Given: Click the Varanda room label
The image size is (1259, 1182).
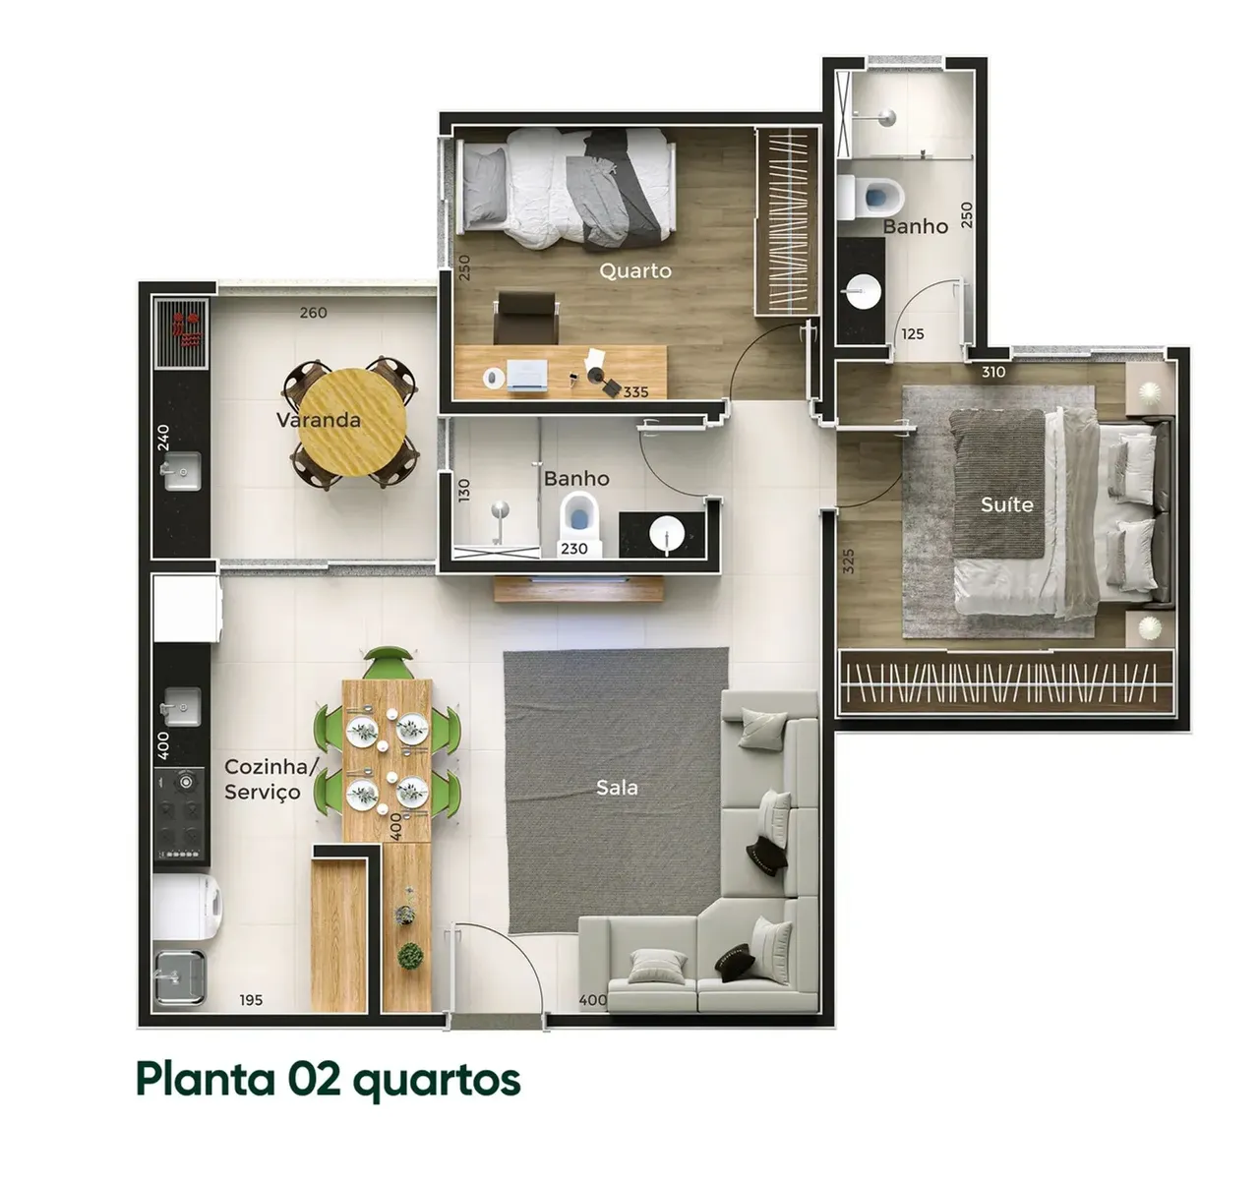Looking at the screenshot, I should tap(318, 420).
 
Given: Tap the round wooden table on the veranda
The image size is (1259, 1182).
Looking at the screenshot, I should tap(352, 423).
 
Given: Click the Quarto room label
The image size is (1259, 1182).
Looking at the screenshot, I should tap(635, 270).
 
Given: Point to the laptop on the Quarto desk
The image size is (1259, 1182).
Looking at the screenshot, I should tap(527, 376).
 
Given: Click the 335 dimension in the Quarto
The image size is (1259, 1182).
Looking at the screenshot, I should tap(635, 392).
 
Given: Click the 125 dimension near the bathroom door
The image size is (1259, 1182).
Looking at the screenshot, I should tap(913, 334).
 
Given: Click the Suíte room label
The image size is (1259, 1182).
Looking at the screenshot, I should tap(1006, 504).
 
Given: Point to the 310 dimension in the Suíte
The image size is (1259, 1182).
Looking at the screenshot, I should tap(993, 372).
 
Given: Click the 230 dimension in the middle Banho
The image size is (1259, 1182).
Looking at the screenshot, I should tap(574, 549).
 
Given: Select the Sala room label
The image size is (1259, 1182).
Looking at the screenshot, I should tap(617, 787).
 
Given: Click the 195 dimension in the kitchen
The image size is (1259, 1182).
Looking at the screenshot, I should tap(251, 1000).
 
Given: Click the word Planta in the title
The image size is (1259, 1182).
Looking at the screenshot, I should tap(206, 1079).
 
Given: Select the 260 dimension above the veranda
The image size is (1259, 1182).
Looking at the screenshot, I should tap(313, 313).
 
